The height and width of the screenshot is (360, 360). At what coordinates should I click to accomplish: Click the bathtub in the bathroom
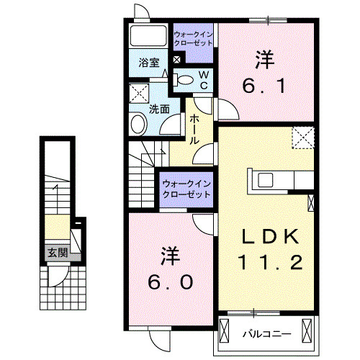149,37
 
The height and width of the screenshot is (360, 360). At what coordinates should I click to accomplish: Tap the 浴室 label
149,63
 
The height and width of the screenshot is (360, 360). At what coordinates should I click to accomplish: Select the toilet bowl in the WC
184,79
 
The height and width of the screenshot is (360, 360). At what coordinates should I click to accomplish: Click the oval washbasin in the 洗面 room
138,125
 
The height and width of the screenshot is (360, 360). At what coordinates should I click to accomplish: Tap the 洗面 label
159,109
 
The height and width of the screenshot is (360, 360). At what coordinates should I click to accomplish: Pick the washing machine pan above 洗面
138,94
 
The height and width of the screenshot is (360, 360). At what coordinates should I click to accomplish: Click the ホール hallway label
194,130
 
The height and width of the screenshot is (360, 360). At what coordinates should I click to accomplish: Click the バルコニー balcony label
266,333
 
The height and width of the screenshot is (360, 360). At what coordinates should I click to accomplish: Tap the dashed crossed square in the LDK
303,136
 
